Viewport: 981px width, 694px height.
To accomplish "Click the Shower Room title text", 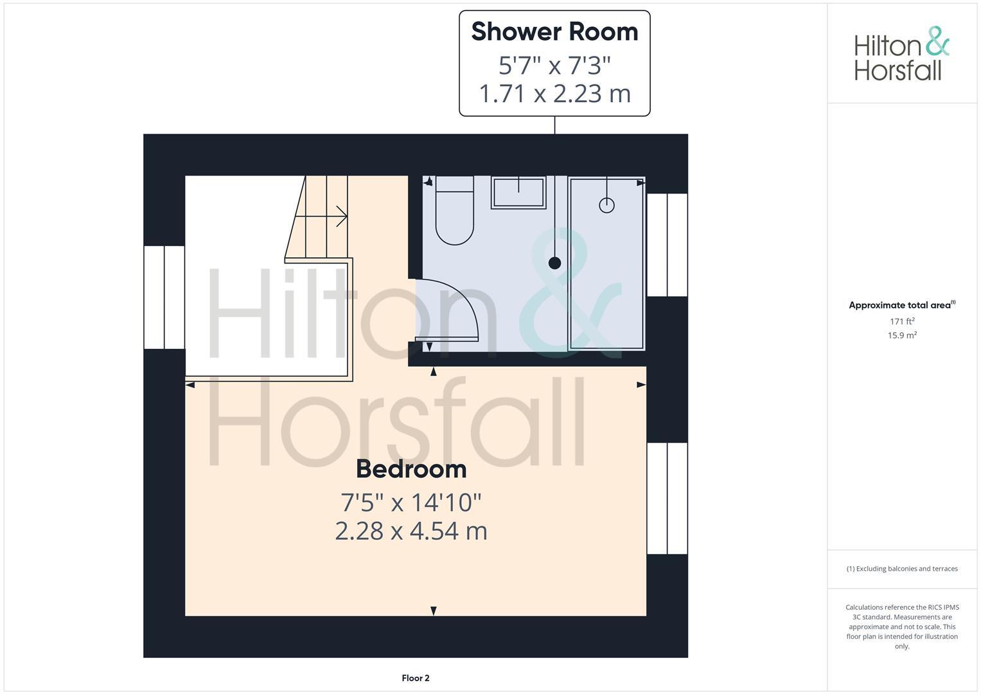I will click(554, 32).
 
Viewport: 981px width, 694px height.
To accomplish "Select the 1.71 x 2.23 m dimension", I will click(554, 94).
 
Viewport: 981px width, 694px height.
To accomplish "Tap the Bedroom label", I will click(411, 469).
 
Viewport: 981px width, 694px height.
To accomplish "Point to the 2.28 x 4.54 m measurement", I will click(411, 531).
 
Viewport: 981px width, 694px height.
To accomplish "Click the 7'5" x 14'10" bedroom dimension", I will click(411, 502).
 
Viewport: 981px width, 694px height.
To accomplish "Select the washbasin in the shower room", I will click(518, 192).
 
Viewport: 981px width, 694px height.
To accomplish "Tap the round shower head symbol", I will click(606, 205).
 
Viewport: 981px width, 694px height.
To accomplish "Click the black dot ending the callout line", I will click(554, 263).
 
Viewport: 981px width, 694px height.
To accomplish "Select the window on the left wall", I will click(164, 297).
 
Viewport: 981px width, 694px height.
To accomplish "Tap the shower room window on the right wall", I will click(667, 245).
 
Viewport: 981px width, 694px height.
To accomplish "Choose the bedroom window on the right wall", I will click(667, 498).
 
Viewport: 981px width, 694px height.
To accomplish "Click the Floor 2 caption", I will click(416, 678).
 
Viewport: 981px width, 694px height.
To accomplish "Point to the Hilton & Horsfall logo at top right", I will click(901, 54).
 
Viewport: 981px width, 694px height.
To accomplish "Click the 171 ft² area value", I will click(902, 321).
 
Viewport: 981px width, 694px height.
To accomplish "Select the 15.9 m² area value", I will click(902, 335).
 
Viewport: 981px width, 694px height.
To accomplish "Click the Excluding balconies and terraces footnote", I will click(902, 569).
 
